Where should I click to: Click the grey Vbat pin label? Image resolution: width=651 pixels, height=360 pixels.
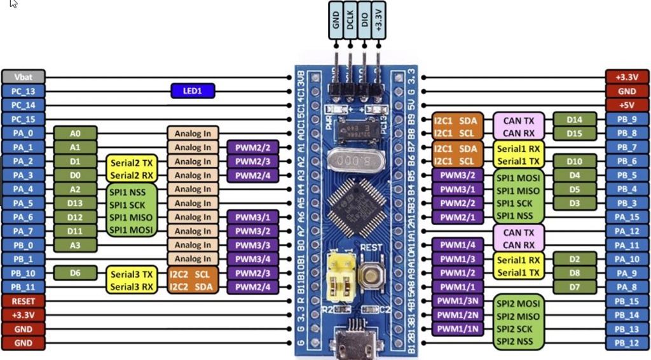[x=23, y=77]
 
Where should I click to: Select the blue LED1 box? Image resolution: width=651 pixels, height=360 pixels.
[x=193, y=91]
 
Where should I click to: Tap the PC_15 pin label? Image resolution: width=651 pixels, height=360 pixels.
[x=23, y=119]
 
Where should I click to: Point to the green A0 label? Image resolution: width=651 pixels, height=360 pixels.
[x=75, y=133]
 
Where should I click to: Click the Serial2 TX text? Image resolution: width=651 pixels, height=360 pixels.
[x=131, y=162]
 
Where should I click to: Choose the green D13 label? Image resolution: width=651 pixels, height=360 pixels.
[x=75, y=203]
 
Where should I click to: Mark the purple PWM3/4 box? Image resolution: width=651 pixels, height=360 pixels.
[x=252, y=259]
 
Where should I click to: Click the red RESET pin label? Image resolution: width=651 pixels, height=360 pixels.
[x=23, y=301]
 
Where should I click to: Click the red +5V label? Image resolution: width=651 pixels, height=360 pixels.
[x=627, y=105]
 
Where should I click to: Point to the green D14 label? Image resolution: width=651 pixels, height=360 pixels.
[x=575, y=119]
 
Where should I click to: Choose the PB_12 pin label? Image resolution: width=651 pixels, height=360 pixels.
[x=627, y=343]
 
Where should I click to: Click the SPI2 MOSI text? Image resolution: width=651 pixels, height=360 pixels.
[x=518, y=304]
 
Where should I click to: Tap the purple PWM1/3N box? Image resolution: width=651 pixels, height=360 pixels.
[x=456, y=301]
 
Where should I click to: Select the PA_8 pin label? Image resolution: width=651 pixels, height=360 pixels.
[x=627, y=287]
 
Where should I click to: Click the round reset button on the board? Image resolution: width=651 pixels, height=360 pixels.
[x=371, y=275]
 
